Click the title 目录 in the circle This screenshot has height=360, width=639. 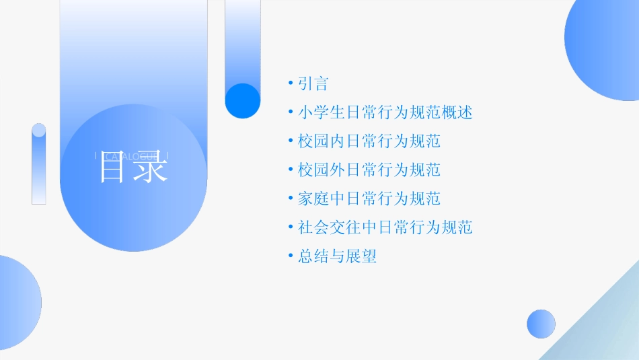pyautogui.click(x=133, y=168)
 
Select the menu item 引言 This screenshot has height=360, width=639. pyautogui.click(x=313, y=84)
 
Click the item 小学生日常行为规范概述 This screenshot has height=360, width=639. pyautogui.click(x=385, y=112)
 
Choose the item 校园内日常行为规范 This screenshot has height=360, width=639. pyautogui.click(x=369, y=141)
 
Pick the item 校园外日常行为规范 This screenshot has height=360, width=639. pyautogui.click(x=369, y=170)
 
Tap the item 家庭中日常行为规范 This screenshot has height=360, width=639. pyautogui.click(x=369, y=199)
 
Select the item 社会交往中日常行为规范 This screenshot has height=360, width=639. pyautogui.click(x=385, y=227)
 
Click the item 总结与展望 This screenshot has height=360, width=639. pyautogui.click(x=338, y=256)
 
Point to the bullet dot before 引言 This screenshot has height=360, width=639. pyautogui.click(x=290, y=84)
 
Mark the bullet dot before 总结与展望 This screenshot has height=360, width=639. pyautogui.click(x=290, y=256)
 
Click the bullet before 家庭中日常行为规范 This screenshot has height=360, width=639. pyautogui.click(x=290, y=199)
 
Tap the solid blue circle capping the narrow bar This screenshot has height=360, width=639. pyautogui.click(x=243, y=101)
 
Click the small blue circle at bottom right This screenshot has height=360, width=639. pyautogui.click(x=541, y=324)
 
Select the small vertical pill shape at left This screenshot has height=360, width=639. pyautogui.click(x=39, y=164)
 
